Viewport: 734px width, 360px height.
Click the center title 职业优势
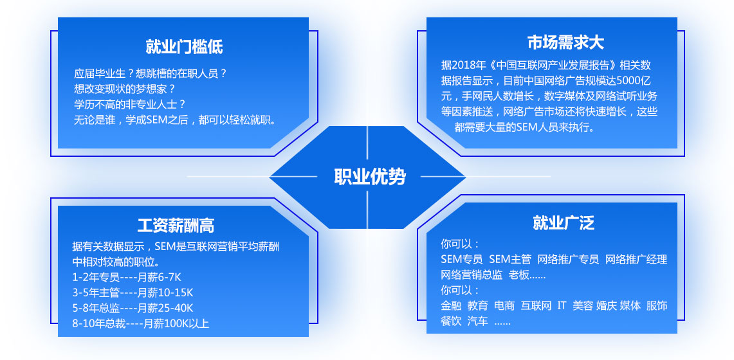coord(370,177)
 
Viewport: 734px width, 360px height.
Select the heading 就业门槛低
coord(184,47)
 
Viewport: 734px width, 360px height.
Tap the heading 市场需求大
coord(565,42)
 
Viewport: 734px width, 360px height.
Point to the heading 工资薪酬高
coord(176,226)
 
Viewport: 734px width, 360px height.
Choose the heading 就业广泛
coord(563,223)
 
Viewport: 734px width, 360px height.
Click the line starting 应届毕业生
coord(151,73)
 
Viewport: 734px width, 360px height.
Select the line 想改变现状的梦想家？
coord(125,88)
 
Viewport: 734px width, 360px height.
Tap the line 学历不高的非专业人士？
coord(130,104)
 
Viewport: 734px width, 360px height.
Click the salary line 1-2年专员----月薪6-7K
coord(126,277)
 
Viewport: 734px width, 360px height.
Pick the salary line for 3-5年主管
coord(133,292)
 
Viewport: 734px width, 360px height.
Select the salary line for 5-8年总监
coord(133,308)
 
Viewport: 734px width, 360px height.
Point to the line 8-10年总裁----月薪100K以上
coord(140,323)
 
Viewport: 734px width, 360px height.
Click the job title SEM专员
coord(461,260)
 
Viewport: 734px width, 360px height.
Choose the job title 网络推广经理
coord(636,260)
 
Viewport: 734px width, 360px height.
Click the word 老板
coord(518,275)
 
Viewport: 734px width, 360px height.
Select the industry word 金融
coord(451,306)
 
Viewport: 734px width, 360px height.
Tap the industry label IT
coord(562,306)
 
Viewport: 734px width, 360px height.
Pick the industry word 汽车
coord(477,321)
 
